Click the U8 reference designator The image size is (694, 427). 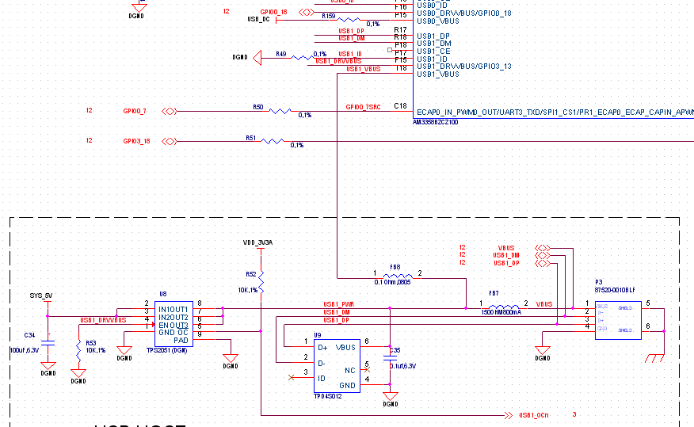tap(162, 293)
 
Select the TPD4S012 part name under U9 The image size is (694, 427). tap(326, 396)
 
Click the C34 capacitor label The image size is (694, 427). tap(30, 334)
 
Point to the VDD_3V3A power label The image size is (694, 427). tap(257, 242)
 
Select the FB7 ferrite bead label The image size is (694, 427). tap(493, 294)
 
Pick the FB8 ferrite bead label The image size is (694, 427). tap(395, 267)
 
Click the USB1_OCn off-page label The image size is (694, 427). tap(534, 415)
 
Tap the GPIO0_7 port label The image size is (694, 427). tap(135, 111)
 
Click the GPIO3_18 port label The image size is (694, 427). tap(136, 141)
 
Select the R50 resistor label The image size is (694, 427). tap(257, 106)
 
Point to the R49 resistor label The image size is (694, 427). tap(281, 54)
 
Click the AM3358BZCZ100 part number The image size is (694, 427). tap(437, 123)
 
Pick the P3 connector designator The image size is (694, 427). tap(600, 281)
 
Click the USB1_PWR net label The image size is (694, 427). tap(338, 304)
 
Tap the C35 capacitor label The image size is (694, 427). tap(395, 350)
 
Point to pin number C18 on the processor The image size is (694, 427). tap(400, 106)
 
